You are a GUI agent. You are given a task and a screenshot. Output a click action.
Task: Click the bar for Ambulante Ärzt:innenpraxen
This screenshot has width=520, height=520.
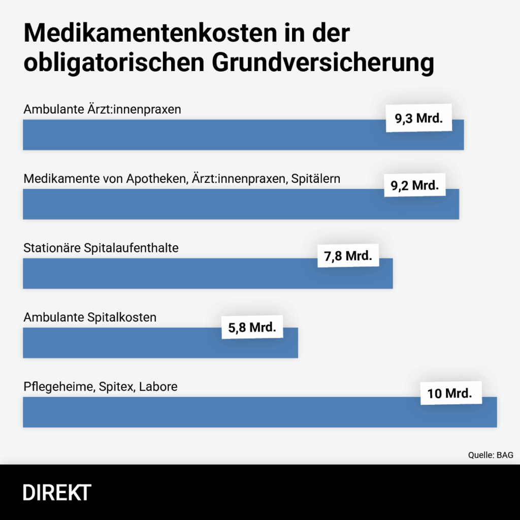(x=203, y=136)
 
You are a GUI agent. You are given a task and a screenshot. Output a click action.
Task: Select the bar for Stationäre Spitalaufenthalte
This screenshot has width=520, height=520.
(x=168, y=274)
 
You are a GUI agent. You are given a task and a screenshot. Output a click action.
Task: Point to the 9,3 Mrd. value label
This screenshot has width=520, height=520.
(x=419, y=119)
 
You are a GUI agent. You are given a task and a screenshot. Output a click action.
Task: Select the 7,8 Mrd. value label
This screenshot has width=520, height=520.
(x=348, y=256)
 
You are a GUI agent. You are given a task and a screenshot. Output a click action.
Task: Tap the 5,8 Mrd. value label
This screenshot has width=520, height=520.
(x=252, y=328)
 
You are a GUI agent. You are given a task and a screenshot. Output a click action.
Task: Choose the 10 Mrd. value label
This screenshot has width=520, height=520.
(x=450, y=393)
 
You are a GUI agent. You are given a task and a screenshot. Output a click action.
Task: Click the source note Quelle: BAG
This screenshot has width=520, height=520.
(x=490, y=455)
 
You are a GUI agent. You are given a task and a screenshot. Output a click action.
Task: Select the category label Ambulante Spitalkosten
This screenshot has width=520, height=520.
(x=90, y=317)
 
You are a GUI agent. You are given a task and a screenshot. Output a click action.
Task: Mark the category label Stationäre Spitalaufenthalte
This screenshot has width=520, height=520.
(x=101, y=248)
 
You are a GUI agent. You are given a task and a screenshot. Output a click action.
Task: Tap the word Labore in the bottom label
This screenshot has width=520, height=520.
(x=158, y=387)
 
